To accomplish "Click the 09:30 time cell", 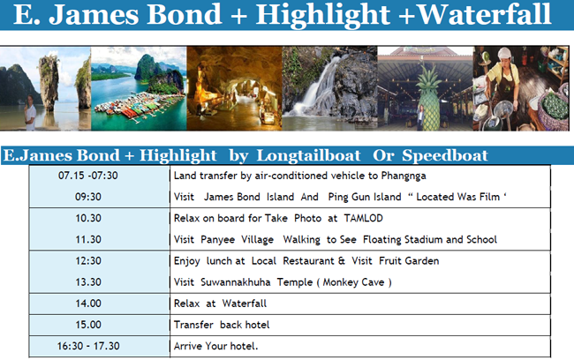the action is click(88, 197).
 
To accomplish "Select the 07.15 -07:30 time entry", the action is click(88, 176).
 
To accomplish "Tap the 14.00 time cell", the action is click(88, 304).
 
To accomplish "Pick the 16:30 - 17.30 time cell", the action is click(88, 346).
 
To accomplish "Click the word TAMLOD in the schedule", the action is click(364, 219).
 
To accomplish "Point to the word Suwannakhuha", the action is click(236, 282).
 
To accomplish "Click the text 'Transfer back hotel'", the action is click(222, 325).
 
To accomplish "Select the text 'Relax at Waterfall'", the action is click(220, 304).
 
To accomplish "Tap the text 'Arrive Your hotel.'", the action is click(216, 346).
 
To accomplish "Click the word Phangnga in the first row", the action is click(404, 176).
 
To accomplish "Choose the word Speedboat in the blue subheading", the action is click(445, 155).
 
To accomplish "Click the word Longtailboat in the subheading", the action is click(308, 155).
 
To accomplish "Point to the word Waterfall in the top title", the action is click(484, 15).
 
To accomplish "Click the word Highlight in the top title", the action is click(322, 15).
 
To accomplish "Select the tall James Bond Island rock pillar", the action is click(49, 82).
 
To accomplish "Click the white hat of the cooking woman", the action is click(504, 54).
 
